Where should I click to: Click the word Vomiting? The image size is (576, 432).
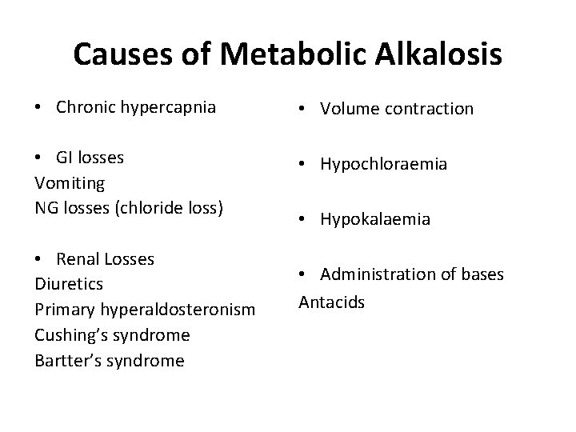(70, 183)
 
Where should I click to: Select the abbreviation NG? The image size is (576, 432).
(46, 208)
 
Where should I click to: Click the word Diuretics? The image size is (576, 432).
(69, 284)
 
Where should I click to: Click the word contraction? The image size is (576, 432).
(430, 108)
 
